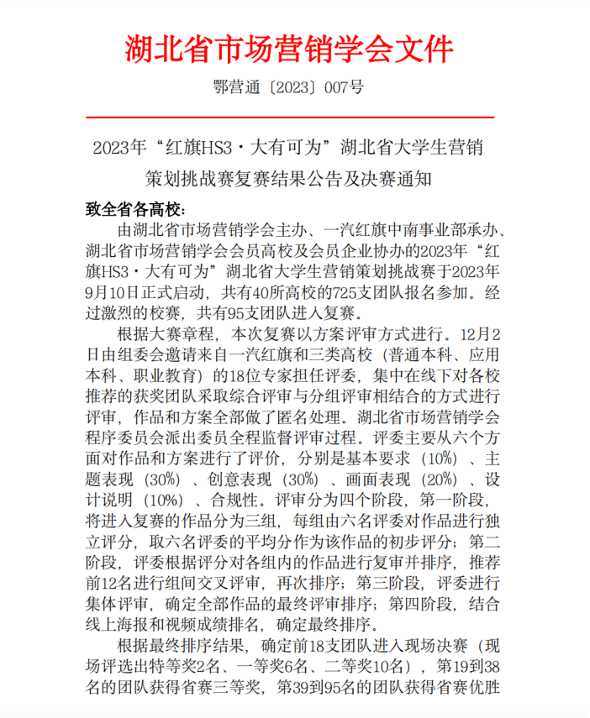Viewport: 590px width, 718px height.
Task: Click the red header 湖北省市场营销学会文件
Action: [x=289, y=49]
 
